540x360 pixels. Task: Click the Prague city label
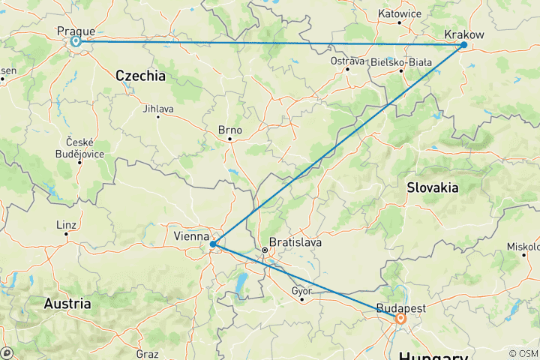(x=76, y=31)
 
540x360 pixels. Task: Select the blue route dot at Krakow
(x=463, y=45)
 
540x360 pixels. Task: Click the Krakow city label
(x=463, y=34)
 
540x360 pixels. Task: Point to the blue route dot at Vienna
(x=214, y=244)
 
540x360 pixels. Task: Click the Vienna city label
(x=191, y=235)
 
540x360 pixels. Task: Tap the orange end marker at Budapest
(x=401, y=319)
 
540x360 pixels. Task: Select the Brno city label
(x=229, y=130)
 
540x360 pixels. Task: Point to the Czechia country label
(x=140, y=76)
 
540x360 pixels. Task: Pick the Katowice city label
(x=399, y=13)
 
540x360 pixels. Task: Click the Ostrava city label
(x=347, y=60)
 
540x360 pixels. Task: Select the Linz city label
(x=67, y=225)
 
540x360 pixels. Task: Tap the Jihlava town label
(x=157, y=108)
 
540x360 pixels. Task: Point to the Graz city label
(x=147, y=352)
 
